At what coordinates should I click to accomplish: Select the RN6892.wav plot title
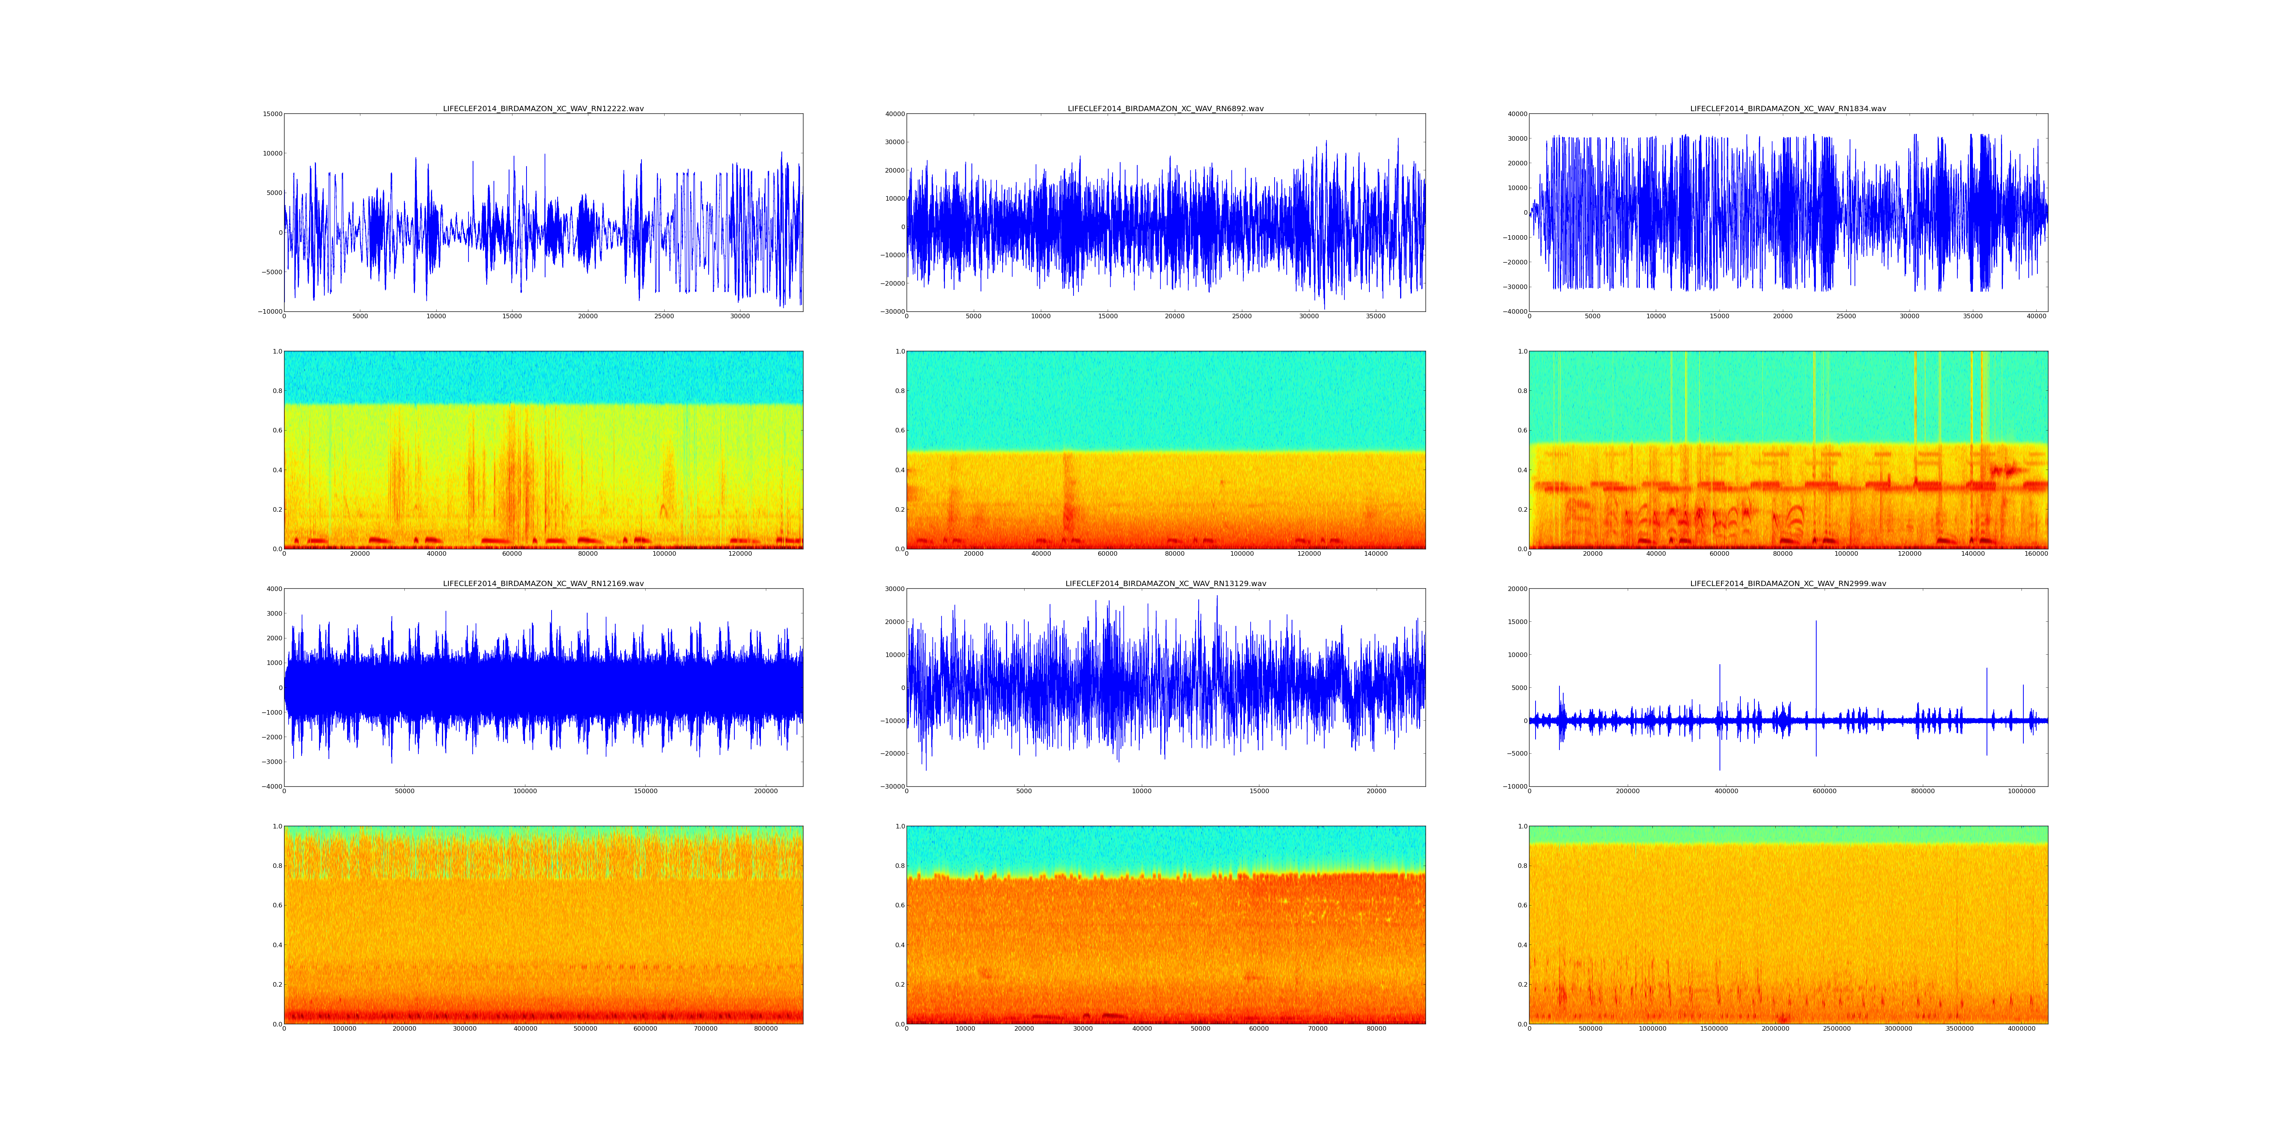[1165, 108]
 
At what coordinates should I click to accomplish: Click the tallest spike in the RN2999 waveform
[1817, 622]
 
